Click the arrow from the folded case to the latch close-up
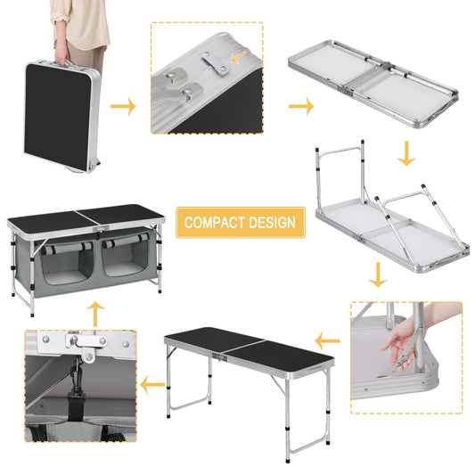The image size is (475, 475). click(x=124, y=106)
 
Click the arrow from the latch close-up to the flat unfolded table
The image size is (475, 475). click(x=302, y=106)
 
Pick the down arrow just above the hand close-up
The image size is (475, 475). click(x=378, y=275)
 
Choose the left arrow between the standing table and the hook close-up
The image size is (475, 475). click(x=152, y=386)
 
